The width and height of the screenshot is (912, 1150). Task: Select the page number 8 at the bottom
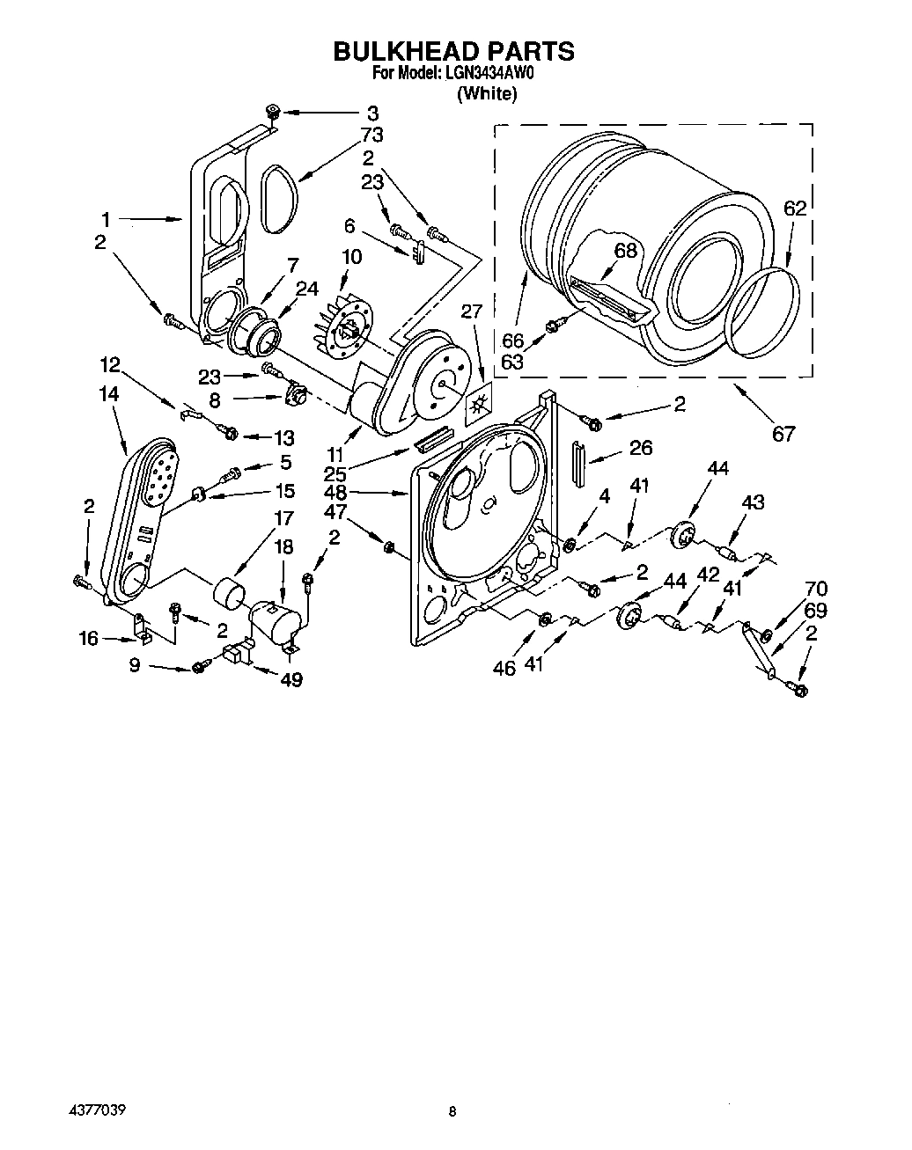click(x=452, y=1112)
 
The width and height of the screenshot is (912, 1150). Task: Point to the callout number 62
click(x=794, y=209)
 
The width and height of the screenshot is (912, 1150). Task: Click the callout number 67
click(x=783, y=433)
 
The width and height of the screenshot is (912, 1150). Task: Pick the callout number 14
click(x=109, y=395)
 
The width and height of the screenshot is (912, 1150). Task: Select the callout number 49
click(x=291, y=679)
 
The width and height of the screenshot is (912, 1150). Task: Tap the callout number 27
click(x=472, y=311)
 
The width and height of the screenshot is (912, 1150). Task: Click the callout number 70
click(x=815, y=589)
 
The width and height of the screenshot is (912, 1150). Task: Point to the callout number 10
click(x=351, y=257)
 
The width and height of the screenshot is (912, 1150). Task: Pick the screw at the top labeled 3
click(x=272, y=112)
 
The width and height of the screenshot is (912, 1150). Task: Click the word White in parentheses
click(x=486, y=94)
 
